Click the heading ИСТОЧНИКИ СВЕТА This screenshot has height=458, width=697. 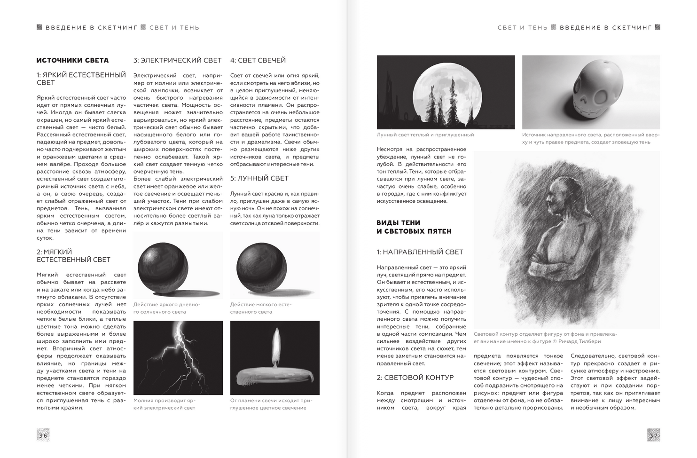coord(72,60)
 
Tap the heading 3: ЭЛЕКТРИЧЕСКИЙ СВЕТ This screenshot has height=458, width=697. coord(177,60)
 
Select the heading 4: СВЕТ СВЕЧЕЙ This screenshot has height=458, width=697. coord(258,60)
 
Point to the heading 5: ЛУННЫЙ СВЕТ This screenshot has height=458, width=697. coord(259,178)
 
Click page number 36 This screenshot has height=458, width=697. coord(43,435)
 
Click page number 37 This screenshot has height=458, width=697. coord(653,435)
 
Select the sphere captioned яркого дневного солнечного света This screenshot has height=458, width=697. coord(163,266)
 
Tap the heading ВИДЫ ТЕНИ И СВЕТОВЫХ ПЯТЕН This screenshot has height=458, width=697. coord(414,227)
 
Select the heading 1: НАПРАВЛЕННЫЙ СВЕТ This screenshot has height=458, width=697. coord(420,252)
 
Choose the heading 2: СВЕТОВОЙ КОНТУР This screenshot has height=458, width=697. coord(415,378)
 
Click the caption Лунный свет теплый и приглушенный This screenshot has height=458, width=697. coord(425,135)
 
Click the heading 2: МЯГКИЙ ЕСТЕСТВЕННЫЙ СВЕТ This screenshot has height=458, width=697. coord(73,256)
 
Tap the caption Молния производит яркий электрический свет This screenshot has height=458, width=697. coord(164,404)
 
